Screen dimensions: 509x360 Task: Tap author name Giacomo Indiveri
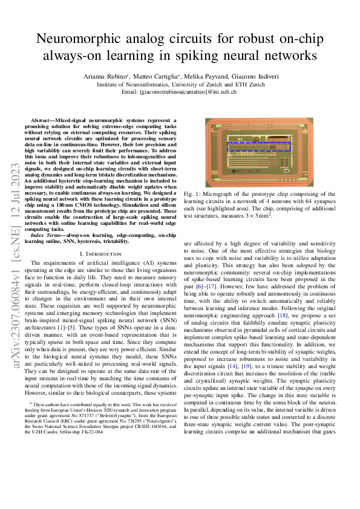[x=258, y=77]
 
